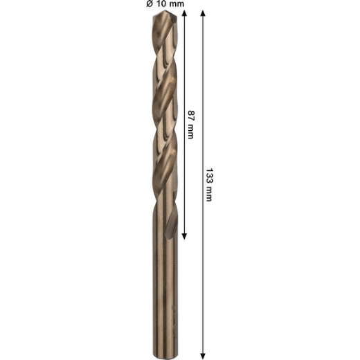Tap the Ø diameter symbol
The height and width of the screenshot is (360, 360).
coord(150,3)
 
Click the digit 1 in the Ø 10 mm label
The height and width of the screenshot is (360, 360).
coord(157,3)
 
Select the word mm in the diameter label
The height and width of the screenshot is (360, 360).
coord(176,4)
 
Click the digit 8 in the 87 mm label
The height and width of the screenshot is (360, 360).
coord(191,114)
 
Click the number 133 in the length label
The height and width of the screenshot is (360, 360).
coord(209,175)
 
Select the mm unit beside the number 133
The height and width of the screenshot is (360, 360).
coord(208,194)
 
